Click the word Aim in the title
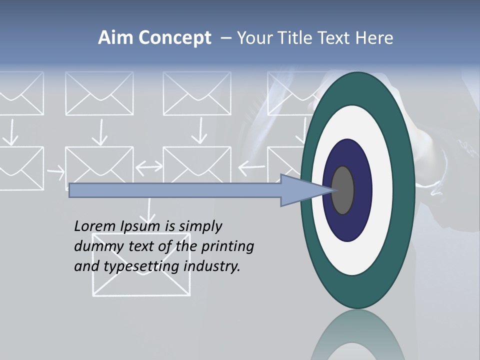point(116,38)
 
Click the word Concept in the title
point(175,38)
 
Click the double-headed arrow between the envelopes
point(148,166)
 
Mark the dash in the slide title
point(225,38)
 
